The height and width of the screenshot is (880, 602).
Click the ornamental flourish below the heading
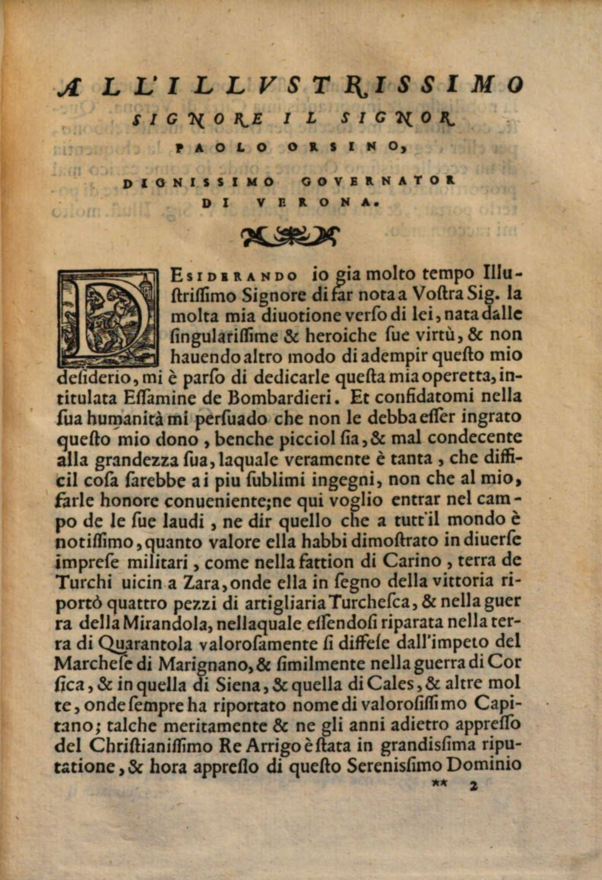click(x=289, y=236)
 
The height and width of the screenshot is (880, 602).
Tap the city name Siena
click(x=236, y=685)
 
